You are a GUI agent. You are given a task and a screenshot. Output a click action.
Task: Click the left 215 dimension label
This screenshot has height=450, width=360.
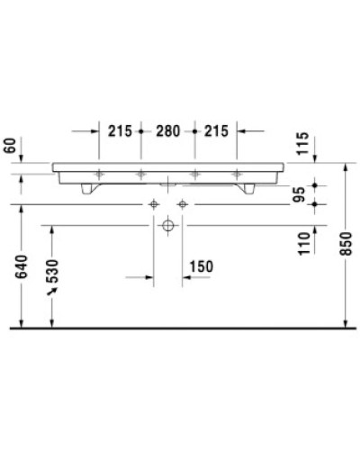[120, 130]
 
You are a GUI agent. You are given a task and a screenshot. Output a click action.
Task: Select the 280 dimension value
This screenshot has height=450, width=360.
[167, 130]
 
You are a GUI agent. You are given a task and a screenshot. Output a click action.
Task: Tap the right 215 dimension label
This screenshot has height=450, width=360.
[216, 130]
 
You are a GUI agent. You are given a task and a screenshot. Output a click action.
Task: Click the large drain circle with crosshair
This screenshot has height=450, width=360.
[167, 227]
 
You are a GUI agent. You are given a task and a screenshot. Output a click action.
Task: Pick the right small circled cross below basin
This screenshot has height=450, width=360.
[182, 204]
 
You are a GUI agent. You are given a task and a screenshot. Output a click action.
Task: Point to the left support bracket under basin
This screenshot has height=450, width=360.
[88, 188]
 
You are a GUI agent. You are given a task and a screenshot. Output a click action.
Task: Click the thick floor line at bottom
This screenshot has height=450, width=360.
[180, 328]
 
